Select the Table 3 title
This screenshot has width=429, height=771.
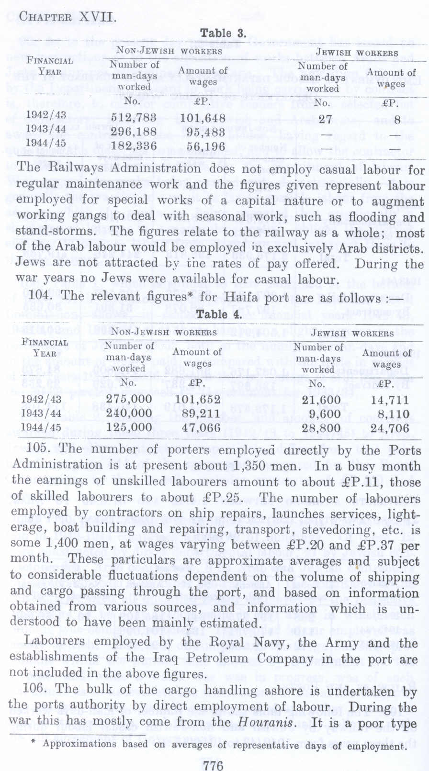(x=223, y=33)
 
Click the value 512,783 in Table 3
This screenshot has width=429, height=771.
(x=134, y=117)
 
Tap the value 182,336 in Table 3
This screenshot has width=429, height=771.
(x=134, y=145)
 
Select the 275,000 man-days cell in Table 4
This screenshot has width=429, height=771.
(x=129, y=400)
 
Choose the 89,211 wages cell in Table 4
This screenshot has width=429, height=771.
(x=198, y=414)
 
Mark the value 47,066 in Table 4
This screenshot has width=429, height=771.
(x=198, y=428)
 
